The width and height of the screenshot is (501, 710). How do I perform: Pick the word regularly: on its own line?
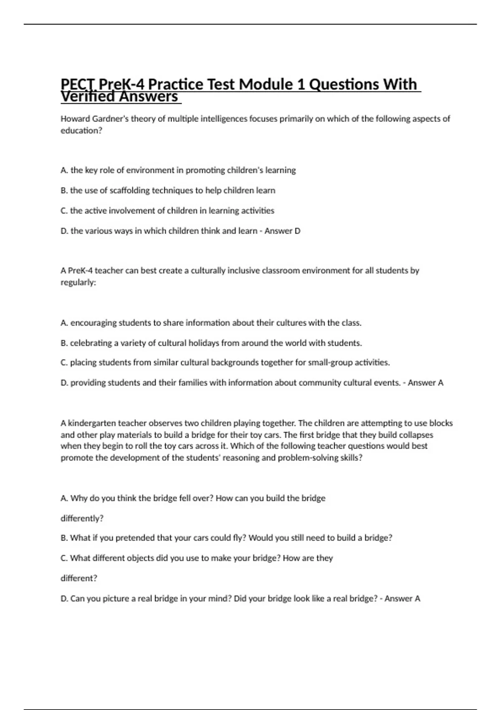tap(78, 282)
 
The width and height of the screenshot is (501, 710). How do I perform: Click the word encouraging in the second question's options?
tap(94, 323)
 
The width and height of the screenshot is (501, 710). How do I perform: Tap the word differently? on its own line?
tap(82, 518)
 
